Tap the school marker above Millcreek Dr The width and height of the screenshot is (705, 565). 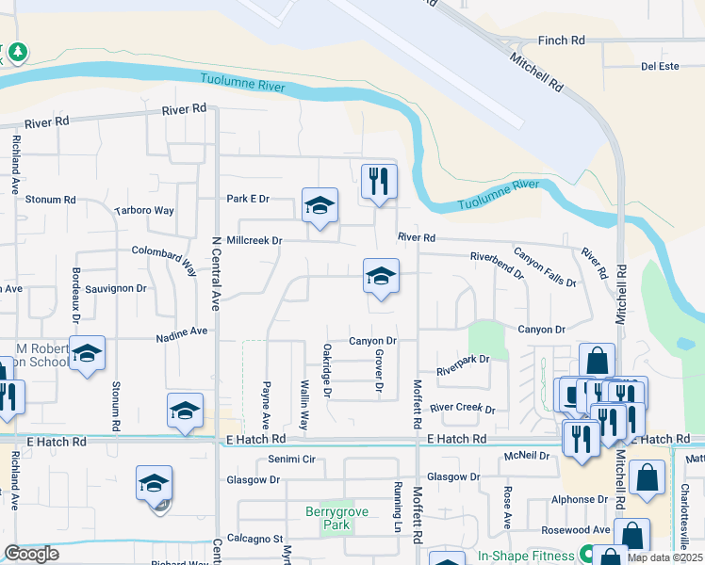pos(320,204)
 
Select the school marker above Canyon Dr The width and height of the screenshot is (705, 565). pos(381,276)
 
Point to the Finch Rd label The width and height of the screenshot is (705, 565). pos(561,40)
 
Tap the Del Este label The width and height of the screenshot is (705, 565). pos(660,66)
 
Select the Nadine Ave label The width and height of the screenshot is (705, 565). pos(183,331)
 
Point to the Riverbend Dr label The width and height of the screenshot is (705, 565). pos(497,265)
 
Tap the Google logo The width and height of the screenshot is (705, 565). pos(31,554)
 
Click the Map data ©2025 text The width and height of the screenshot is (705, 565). pos(664,557)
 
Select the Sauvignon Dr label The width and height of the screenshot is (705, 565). pos(116,288)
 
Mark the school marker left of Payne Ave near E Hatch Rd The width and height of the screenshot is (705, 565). pos(186,411)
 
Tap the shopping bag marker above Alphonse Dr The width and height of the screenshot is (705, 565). pos(648,477)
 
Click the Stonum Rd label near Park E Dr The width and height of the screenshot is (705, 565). pos(50,200)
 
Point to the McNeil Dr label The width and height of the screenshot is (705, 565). pos(527,456)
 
